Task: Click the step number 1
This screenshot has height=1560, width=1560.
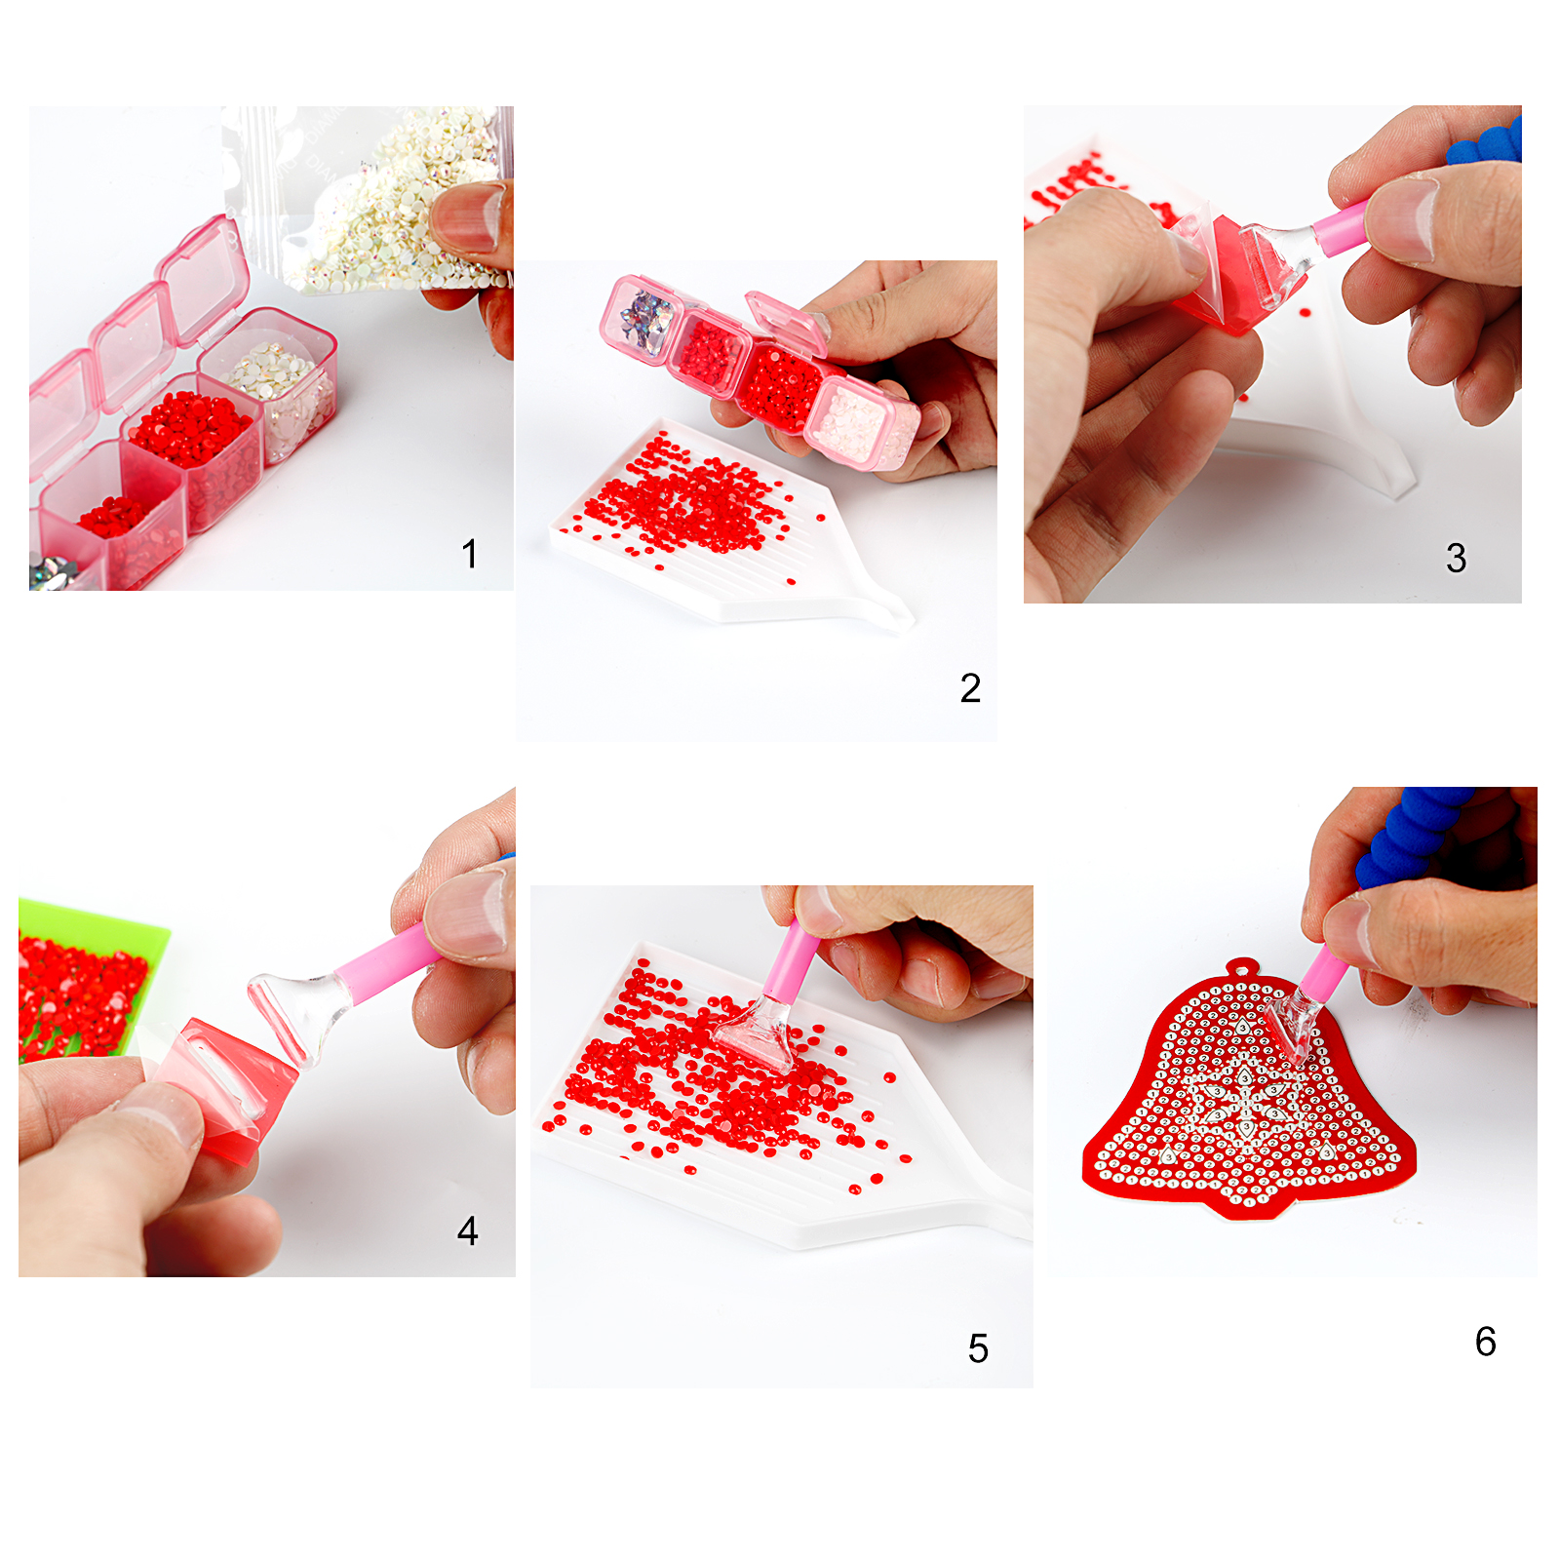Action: pos(470,554)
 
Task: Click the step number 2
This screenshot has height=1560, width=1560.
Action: pos(970,688)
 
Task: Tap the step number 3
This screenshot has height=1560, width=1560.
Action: pos(1456,558)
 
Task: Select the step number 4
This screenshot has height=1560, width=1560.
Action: pos(468,1230)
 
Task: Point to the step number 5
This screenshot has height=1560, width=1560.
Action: pos(978,1348)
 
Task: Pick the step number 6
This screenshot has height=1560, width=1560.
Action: pos(1485,1342)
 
